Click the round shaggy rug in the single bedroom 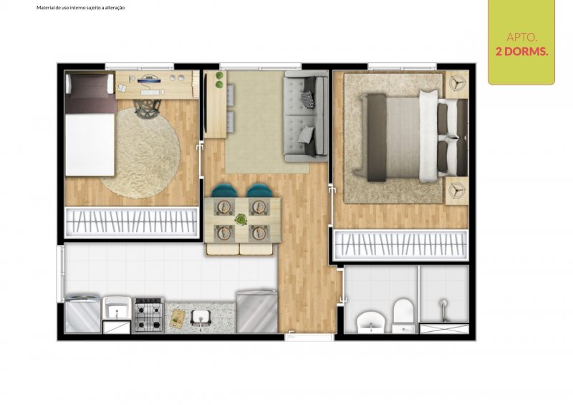coord(140,153)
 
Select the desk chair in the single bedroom coord(148,109)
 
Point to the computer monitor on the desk coord(150,78)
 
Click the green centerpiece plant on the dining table coord(241,220)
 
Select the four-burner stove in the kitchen coord(148,315)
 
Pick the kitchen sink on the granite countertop coord(201,318)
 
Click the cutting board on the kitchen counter coord(177,318)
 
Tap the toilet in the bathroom coord(403,315)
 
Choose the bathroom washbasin coord(370,322)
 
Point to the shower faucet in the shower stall coord(443,310)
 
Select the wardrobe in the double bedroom coord(400,244)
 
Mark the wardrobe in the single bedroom coord(131,222)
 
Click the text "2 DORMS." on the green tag coord(521,52)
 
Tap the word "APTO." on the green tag coord(521,37)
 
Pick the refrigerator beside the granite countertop coord(257,311)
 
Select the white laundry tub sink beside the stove coord(117,308)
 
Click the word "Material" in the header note coord(44,8)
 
